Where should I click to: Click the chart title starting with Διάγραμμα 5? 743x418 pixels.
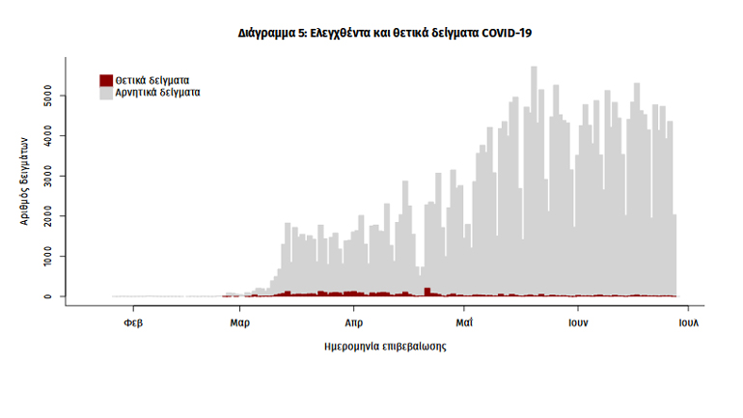385,33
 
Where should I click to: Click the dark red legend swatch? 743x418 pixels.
106,80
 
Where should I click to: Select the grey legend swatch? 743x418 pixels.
106,94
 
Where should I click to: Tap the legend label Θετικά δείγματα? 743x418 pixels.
151,80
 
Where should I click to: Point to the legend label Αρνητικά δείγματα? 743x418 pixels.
157,94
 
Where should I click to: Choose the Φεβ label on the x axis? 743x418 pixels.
134,323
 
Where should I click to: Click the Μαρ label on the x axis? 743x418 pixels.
240,323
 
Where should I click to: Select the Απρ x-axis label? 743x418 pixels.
352,323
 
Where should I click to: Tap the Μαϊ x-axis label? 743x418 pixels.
464,323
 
